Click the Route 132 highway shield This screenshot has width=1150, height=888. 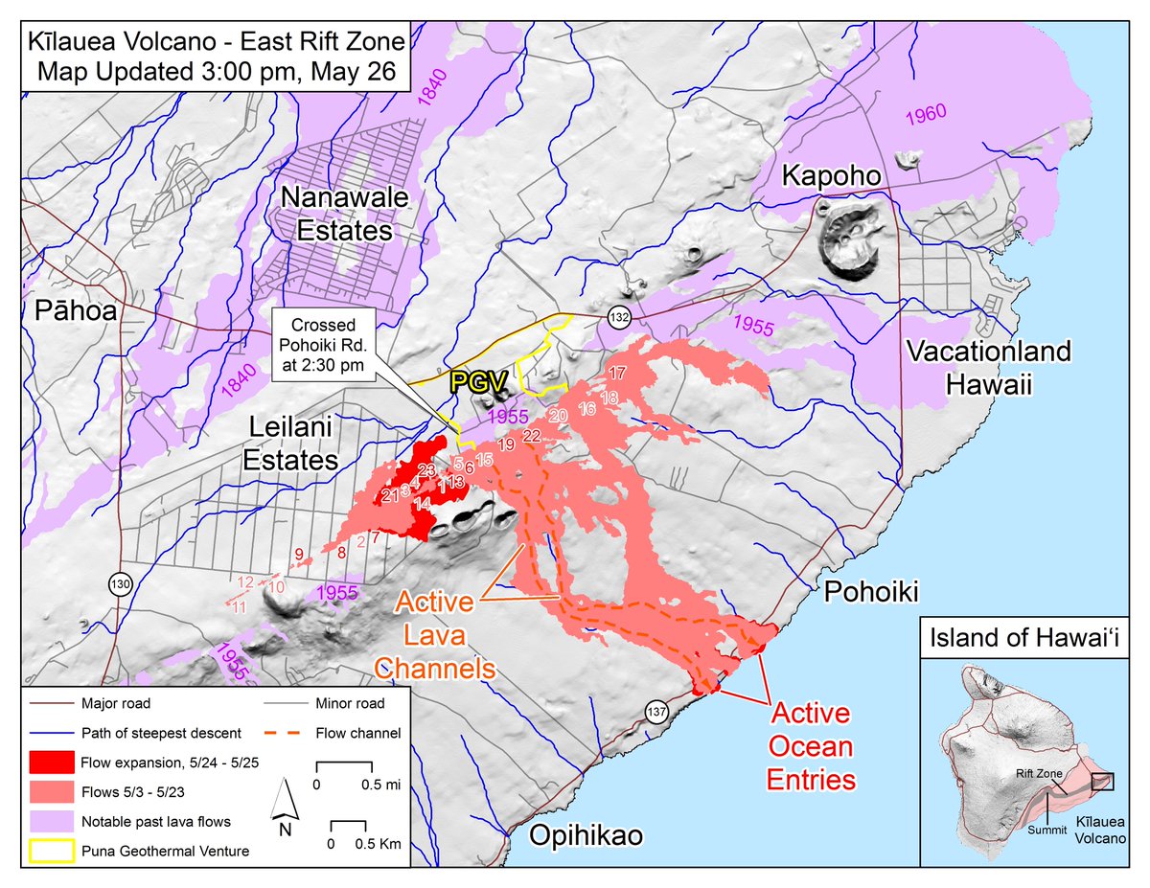tap(616, 315)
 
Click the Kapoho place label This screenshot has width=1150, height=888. tap(827, 176)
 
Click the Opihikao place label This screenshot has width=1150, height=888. tap(585, 835)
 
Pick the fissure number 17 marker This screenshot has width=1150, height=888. tap(616, 373)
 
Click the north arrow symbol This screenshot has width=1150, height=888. tap(285, 806)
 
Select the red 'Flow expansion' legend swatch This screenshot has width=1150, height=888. tap(54, 763)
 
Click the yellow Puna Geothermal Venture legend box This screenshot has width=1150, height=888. tap(54, 849)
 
